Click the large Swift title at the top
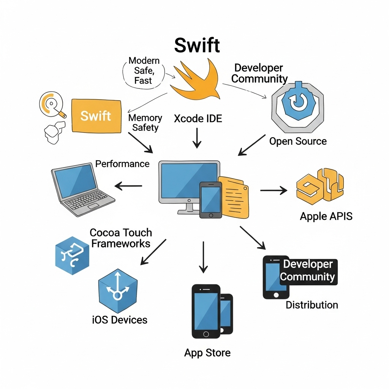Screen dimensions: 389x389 (x=197, y=46)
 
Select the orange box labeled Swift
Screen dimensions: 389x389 (x=96, y=116)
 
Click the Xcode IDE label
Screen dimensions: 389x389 (x=198, y=119)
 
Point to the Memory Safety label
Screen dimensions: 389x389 (x=145, y=122)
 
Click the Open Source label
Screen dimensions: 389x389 (x=298, y=141)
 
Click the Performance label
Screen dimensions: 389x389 (x=122, y=164)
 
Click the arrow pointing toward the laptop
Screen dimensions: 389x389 (x=128, y=186)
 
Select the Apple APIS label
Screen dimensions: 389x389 (x=326, y=216)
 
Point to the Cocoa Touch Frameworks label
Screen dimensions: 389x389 (x=121, y=238)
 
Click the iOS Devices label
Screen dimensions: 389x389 (x=120, y=319)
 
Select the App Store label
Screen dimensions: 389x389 (x=207, y=353)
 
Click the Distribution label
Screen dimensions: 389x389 (x=312, y=305)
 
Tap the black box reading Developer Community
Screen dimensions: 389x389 (x=308, y=270)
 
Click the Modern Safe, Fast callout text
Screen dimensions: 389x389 (x=144, y=70)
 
